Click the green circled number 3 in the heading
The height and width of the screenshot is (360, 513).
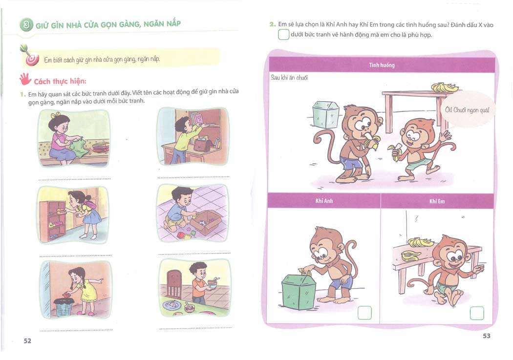point(27,25)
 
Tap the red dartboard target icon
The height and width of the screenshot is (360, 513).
point(32,59)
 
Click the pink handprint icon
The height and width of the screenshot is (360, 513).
point(25,79)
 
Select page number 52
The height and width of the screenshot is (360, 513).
point(27,341)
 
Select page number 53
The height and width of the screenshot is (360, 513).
point(487,336)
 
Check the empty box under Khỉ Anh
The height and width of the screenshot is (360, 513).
point(364,313)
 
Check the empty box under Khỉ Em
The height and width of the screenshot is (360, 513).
point(477,313)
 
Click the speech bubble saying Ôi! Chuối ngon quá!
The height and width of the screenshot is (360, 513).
point(467,109)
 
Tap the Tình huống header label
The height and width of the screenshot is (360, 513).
point(382,65)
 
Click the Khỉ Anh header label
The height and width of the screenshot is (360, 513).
point(324,201)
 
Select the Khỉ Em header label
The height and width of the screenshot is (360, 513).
point(437,201)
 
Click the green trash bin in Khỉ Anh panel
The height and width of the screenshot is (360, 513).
point(299,292)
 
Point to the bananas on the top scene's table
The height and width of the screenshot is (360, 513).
point(444,87)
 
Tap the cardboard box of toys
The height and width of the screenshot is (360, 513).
point(206,222)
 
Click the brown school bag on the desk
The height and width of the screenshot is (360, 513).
point(203,144)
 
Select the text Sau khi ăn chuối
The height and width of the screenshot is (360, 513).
point(289,78)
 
